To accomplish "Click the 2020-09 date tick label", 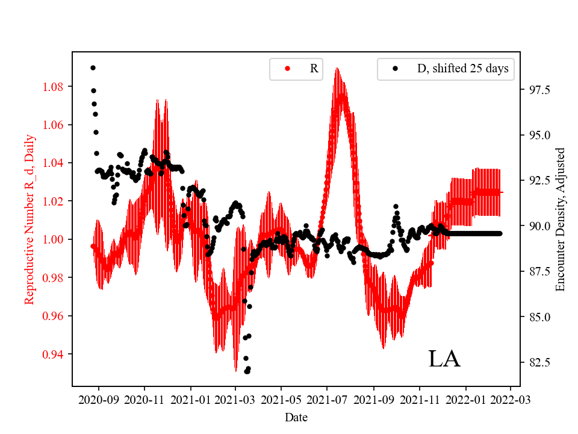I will click(98, 399).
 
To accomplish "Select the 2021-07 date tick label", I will click(327, 399).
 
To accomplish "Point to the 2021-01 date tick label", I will click(190, 399).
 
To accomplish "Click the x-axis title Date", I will click(296, 417).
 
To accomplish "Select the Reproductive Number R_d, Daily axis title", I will click(29, 219).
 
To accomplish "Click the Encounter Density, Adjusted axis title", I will click(561, 219).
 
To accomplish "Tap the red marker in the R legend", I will click(287, 69).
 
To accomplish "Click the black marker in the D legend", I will click(395, 69).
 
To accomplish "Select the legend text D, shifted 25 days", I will click(462, 69).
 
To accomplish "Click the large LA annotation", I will click(444, 359).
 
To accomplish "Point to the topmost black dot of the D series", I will click(93, 68).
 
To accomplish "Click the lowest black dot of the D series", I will click(247, 371).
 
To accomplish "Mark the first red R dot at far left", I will click(93, 246).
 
